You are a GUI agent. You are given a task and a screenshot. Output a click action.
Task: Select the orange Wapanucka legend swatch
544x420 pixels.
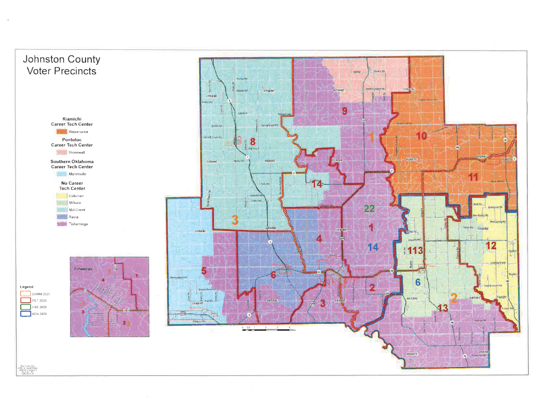(x=59, y=131)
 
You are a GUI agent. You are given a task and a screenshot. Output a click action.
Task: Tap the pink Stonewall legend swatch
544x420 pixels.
(x=59, y=152)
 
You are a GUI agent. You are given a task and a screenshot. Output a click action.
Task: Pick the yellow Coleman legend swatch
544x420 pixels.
(x=59, y=196)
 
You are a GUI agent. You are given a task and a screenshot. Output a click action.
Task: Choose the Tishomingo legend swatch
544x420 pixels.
(x=59, y=225)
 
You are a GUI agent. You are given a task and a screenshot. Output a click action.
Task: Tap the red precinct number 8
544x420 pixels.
(x=252, y=142)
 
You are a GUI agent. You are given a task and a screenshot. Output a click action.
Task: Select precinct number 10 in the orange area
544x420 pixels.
(x=421, y=136)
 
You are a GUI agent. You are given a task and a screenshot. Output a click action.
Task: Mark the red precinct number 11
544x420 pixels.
(x=473, y=177)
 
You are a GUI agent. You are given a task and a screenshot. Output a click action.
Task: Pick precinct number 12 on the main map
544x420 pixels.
(x=490, y=246)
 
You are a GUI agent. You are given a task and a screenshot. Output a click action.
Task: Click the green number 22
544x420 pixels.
(x=369, y=209)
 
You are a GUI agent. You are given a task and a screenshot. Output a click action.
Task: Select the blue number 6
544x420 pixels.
(x=418, y=283)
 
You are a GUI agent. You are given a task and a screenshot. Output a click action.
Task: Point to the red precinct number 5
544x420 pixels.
(x=203, y=271)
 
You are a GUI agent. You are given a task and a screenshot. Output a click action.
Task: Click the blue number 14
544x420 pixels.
(x=373, y=247)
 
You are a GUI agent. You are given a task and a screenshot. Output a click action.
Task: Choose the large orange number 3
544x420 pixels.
(x=234, y=220)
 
